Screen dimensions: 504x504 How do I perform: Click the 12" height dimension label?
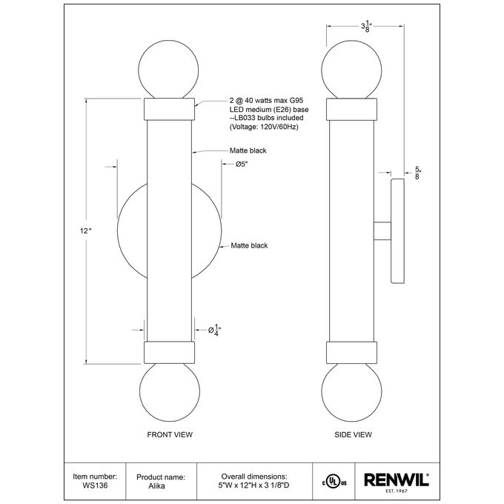tap(86, 231)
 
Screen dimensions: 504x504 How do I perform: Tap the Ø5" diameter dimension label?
tap(242, 165)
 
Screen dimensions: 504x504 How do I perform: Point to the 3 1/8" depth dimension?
tap(366, 27)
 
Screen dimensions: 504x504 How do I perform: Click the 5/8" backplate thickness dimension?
tap(417, 173)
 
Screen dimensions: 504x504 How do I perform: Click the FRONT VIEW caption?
tap(170, 434)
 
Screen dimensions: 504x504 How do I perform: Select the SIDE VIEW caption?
tap(353, 434)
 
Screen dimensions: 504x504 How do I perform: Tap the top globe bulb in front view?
tap(168, 70)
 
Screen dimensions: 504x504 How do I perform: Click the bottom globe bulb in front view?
tap(170, 392)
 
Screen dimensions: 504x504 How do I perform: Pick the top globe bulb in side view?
tap(351, 70)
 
